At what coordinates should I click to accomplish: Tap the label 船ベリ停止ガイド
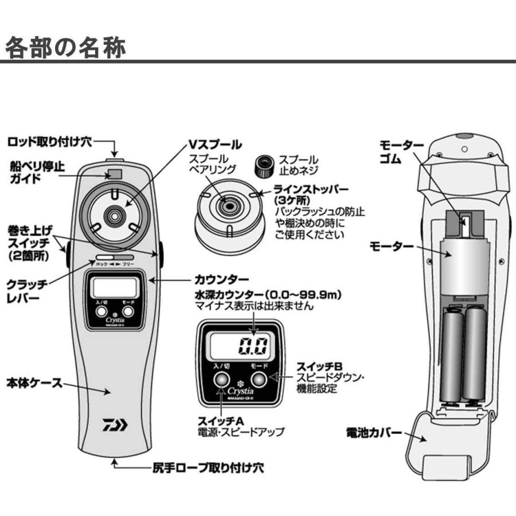point(37,172)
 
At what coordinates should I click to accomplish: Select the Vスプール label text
point(215,144)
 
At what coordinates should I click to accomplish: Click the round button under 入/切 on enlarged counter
point(221,379)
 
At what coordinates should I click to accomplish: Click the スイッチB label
point(319,366)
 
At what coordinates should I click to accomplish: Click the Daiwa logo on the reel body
point(117,425)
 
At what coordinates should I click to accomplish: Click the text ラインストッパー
point(319,190)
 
